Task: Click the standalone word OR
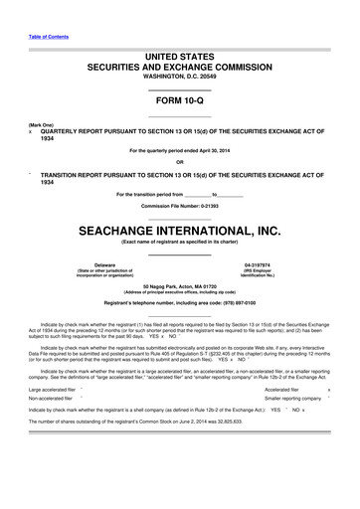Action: [180, 162]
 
